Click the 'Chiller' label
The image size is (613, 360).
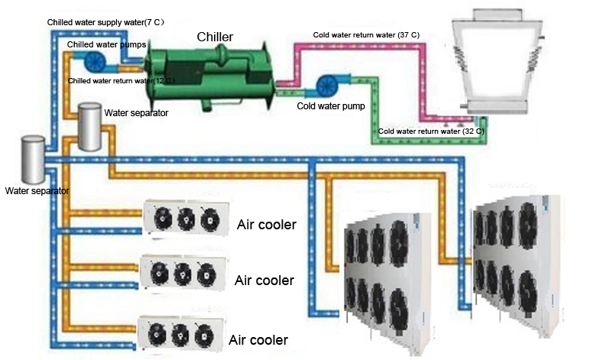click(215, 37)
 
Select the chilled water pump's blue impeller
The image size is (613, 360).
click(95, 62)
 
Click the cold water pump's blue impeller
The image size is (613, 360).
click(327, 86)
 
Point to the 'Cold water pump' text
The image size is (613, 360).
click(331, 106)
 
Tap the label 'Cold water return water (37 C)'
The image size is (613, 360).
click(366, 35)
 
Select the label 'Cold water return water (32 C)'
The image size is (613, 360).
click(431, 131)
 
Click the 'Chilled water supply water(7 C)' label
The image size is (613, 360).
click(105, 22)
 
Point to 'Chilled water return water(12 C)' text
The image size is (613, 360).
click(122, 81)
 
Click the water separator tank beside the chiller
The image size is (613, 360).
click(90, 126)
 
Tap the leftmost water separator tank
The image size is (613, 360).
click(33, 159)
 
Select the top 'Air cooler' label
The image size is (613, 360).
click(267, 225)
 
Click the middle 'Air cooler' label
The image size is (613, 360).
click(264, 281)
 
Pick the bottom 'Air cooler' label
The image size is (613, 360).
click(258, 340)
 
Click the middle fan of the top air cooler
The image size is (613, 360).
click(186, 219)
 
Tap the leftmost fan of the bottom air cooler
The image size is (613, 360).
click(157, 334)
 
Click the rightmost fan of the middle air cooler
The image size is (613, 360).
click(206, 274)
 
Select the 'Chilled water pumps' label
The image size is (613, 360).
click(106, 44)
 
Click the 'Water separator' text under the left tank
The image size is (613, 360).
click(37, 191)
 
